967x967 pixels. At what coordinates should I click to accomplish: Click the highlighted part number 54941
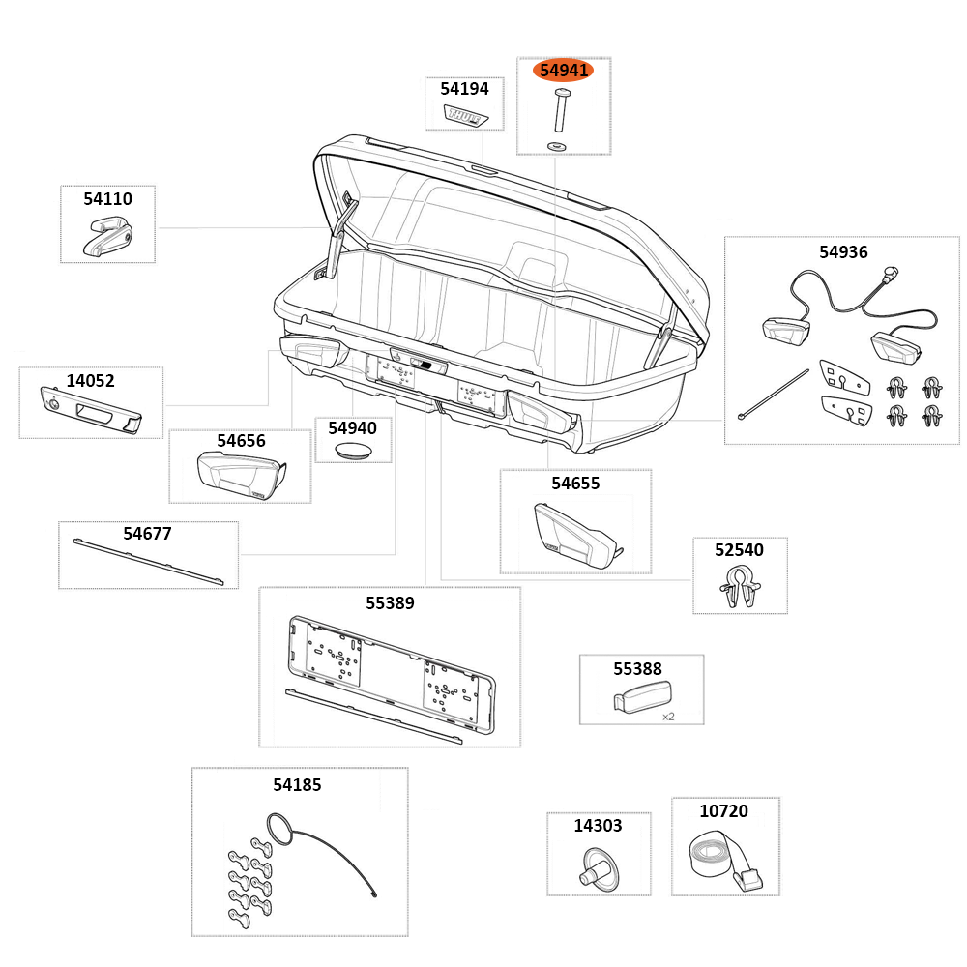(x=563, y=71)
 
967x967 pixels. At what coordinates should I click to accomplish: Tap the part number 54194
(x=464, y=89)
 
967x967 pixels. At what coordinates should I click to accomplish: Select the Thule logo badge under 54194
(x=466, y=115)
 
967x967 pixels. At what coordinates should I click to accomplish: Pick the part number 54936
(x=843, y=252)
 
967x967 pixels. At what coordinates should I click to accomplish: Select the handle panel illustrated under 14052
(x=90, y=411)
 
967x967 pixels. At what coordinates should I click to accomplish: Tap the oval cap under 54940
(x=352, y=451)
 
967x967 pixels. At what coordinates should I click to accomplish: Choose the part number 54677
(x=147, y=533)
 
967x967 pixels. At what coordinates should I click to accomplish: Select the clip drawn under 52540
(x=740, y=587)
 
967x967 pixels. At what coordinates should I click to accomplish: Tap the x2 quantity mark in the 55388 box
(x=668, y=717)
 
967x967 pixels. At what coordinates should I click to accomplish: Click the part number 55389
(x=390, y=603)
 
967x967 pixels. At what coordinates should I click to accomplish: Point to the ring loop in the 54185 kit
(x=278, y=829)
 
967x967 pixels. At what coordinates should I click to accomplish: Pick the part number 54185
(x=297, y=785)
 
